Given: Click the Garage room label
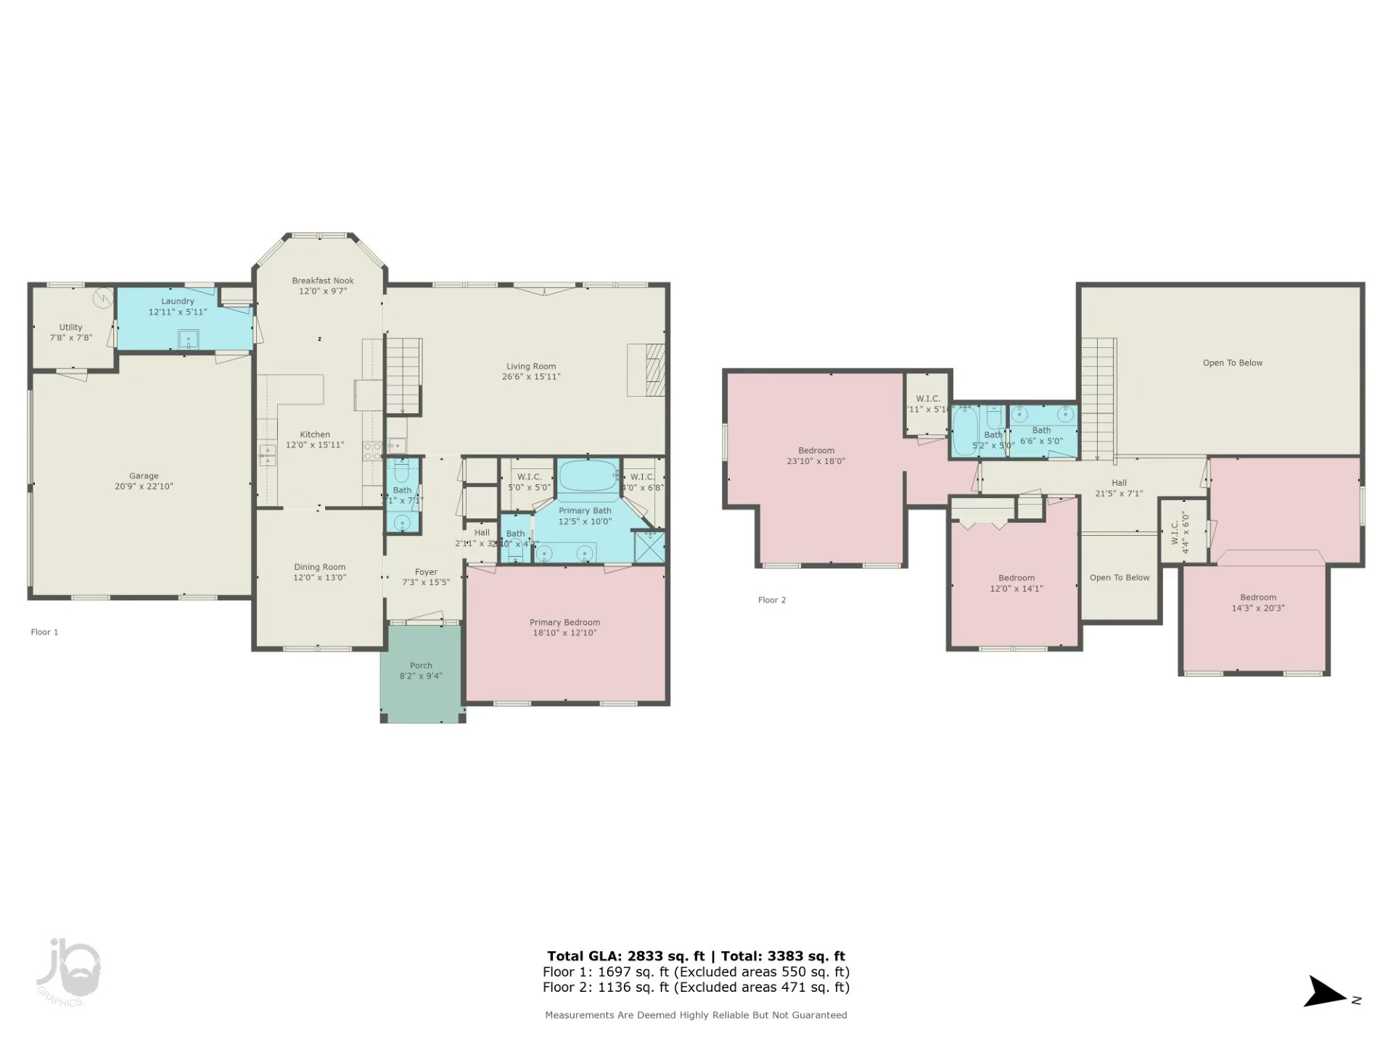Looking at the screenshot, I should tap(144, 476).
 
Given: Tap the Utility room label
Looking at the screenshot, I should tap(70, 328).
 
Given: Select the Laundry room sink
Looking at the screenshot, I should tap(189, 339).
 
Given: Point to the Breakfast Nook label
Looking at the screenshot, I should tap(323, 281).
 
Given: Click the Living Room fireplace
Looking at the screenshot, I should tap(647, 370).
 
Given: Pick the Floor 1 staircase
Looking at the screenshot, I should tap(403, 375).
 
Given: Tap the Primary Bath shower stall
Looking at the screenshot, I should tap(649, 547).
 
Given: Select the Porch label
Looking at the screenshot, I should tap(421, 666).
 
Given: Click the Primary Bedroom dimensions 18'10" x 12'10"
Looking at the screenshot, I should tap(564, 633).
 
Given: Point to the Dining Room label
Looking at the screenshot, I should tap(319, 567).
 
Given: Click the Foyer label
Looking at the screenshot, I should tap(426, 572).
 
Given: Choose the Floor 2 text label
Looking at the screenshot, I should tap(772, 600).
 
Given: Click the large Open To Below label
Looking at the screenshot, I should tap(1233, 363).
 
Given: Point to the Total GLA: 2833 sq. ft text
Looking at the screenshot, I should tap(625, 956).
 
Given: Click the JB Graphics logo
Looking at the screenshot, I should tap(69, 971).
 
